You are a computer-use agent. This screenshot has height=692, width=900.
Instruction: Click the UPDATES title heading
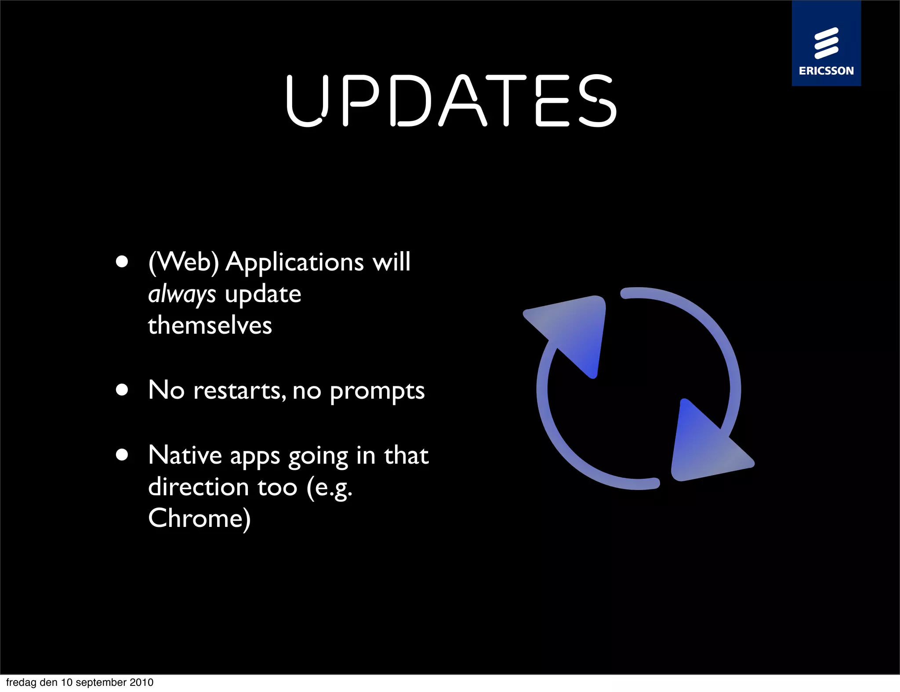pyautogui.click(x=452, y=101)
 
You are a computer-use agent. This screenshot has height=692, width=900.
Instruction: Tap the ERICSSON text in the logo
pyautogui.click(x=826, y=71)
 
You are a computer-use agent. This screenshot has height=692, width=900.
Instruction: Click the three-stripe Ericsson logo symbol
pyautogui.click(x=826, y=43)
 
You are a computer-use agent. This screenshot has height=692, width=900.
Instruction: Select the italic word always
pyautogui.click(x=182, y=295)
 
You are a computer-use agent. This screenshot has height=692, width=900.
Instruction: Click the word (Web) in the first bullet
pyautogui.click(x=184, y=263)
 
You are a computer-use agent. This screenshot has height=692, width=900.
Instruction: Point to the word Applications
pyautogui.click(x=294, y=263)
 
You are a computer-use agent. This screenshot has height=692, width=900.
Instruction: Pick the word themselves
pyautogui.click(x=210, y=326)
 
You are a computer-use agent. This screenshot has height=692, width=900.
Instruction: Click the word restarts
pyautogui.click(x=240, y=390)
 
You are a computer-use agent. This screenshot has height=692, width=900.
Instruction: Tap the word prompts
pyautogui.click(x=377, y=391)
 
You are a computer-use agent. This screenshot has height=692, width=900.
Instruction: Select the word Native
pyautogui.click(x=185, y=455)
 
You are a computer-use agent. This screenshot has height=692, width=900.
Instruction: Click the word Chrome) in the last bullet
pyautogui.click(x=199, y=519)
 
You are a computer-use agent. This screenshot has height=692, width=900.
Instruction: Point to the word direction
pyautogui.click(x=199, y=487)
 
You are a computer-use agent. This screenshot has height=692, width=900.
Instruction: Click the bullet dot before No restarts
pyautogui.click(x=122, y=390)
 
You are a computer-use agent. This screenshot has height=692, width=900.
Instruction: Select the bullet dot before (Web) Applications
pyautogui.click(x=122, y=262)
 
